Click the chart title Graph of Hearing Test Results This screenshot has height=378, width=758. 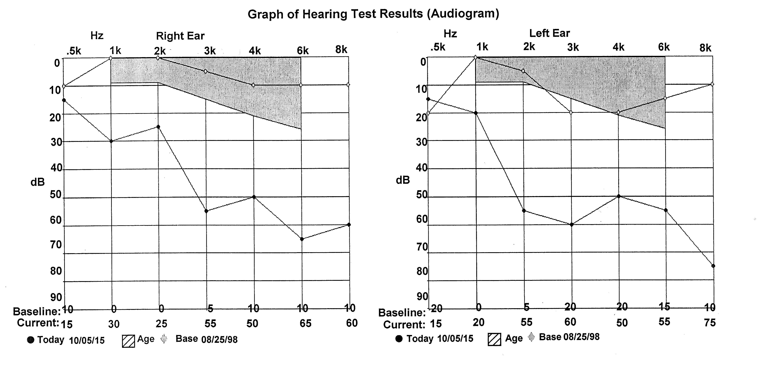click(x=373, y=14)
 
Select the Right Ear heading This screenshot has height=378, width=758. click(x=180, y=36)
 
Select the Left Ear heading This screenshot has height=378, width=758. click(x=549, y=33)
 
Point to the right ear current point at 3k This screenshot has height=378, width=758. click(x=206, y=211)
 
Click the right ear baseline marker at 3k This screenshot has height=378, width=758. click(x=205, y=71)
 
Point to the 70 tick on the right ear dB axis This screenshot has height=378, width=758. click(x=56, y=245)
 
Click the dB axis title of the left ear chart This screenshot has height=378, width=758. click(x=403, y=180)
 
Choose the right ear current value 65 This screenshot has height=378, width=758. click(x=305, y=323)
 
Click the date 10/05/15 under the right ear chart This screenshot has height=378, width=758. click(x=87, y=340)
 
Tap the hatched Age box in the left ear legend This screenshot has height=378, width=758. click(x=494, y=339)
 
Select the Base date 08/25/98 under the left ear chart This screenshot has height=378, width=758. click(x=581, y=337)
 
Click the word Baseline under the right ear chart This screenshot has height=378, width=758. click(x=37, y=311)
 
